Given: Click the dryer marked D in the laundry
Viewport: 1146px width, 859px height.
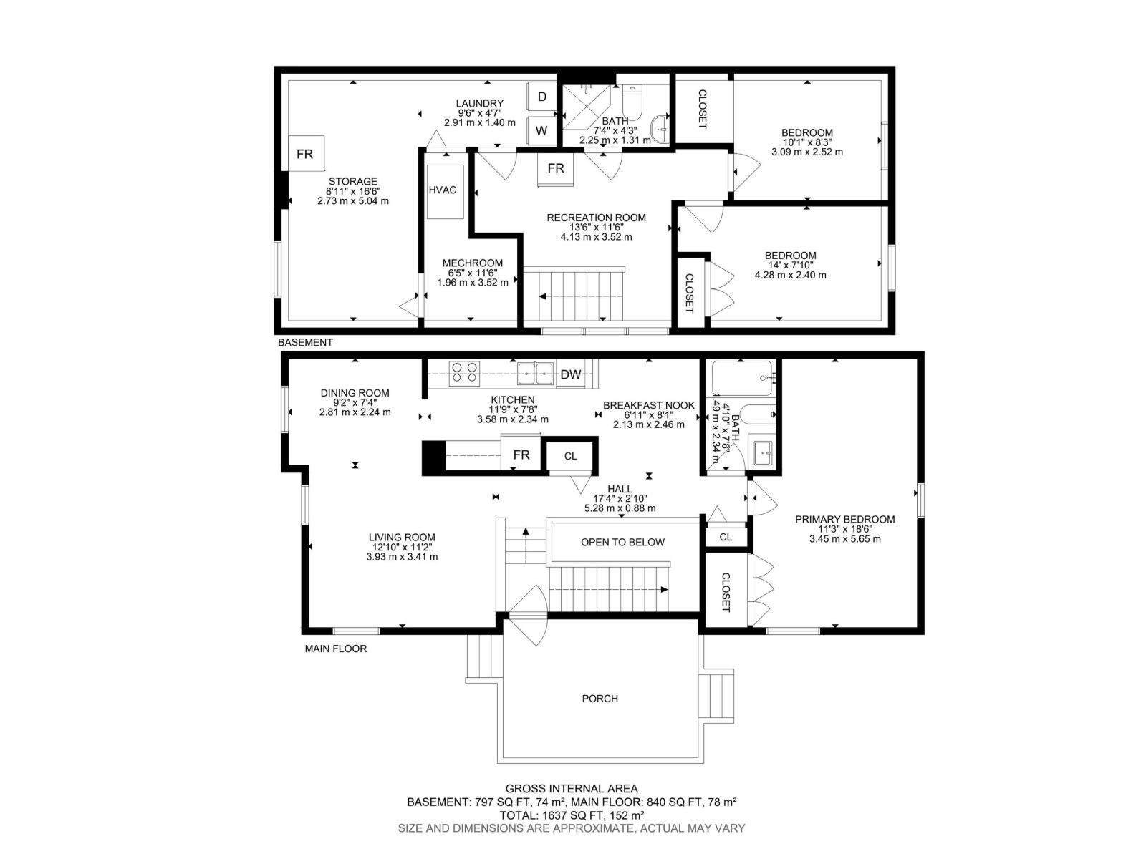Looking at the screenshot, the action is click(541, 96).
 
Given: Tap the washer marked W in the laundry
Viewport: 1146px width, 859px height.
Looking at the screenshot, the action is click(541, 130).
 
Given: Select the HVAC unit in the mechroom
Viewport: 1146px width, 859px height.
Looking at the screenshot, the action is click(445, 191).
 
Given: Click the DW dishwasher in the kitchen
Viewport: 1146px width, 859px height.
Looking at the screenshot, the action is click(571, 374).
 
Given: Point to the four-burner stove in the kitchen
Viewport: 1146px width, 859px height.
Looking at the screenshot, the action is click(463, 373).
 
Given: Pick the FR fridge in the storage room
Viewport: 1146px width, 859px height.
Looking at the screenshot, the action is click(305, 153).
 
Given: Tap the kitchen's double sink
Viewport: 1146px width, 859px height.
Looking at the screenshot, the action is click(535, 373).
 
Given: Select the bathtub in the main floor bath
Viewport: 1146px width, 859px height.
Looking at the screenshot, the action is click(742, 378).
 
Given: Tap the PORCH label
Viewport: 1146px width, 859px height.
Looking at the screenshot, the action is click(600, 699).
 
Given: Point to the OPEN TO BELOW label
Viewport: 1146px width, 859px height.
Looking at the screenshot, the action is click(623, 542).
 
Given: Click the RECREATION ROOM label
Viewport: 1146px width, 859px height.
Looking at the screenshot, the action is click(596, 218).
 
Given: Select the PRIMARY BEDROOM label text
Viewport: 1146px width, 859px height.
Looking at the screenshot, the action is click(844, 519).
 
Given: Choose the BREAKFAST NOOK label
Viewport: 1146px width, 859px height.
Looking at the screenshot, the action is click(648, 405).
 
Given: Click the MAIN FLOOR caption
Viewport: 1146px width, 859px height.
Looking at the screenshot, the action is click(336, 649).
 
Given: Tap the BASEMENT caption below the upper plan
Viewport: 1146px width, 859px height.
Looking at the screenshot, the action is click(305, 342).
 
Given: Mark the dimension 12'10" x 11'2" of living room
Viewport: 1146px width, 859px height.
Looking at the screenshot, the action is click(402, 547).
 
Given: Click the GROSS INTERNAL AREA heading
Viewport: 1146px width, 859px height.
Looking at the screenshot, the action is click(572, 789).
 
